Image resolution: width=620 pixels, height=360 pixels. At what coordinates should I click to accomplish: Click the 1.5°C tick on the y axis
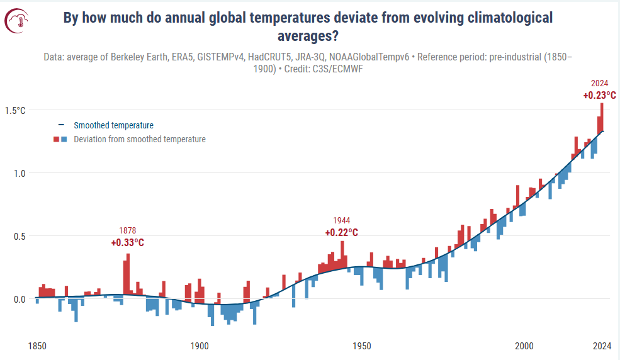[15, 110]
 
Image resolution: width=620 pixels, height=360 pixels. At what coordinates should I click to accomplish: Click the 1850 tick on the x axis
[38, 345]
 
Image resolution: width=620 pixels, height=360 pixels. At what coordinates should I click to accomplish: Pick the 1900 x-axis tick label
[200, 345]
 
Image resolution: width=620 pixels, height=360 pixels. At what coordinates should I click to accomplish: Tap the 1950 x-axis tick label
[361, 345]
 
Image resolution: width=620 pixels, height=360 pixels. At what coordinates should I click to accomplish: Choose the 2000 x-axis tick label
[524, 345]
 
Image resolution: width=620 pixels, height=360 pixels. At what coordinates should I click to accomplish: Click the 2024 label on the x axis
[602, 345]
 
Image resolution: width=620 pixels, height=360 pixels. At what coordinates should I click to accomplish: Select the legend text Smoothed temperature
[113, 125]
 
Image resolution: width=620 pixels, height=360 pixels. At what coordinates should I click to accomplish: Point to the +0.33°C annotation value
[128, 242]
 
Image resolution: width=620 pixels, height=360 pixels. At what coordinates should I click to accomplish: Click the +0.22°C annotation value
[342, 232]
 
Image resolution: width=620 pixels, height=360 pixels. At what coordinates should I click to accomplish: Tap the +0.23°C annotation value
[599, 96]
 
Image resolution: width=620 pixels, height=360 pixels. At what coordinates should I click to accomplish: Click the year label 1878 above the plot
[128, 230]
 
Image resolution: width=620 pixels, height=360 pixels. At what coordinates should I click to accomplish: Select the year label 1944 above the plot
[342, 220]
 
